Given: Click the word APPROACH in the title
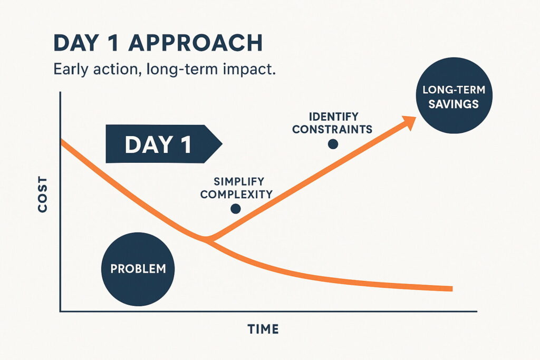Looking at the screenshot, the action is click(196, 43).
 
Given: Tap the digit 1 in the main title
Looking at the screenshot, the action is click(114, 43).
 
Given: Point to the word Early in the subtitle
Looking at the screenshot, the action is click(70, 70).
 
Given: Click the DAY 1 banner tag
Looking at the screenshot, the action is click(164, 144).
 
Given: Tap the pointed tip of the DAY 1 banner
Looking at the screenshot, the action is click(222, 143).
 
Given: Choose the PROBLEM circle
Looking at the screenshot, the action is click(138, 269).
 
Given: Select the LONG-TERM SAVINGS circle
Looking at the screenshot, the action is click(454, 95).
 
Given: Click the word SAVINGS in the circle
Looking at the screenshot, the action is click(454, 104).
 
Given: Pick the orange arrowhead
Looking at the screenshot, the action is click(409, 122).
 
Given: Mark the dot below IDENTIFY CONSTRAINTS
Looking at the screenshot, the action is click(333, 144).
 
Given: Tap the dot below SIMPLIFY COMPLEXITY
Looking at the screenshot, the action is click(236, 209).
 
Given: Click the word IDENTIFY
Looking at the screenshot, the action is click(333, 116).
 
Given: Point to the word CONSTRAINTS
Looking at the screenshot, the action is click(332, 130).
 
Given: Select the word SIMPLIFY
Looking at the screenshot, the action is click(239, 181).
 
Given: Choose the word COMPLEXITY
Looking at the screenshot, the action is click(236, 194).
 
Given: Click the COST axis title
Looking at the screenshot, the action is click(43, 194).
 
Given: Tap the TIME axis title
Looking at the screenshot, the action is click(263, 329).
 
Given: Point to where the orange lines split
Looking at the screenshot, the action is click(207, 239).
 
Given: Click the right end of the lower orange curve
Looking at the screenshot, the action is click(452, 288).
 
